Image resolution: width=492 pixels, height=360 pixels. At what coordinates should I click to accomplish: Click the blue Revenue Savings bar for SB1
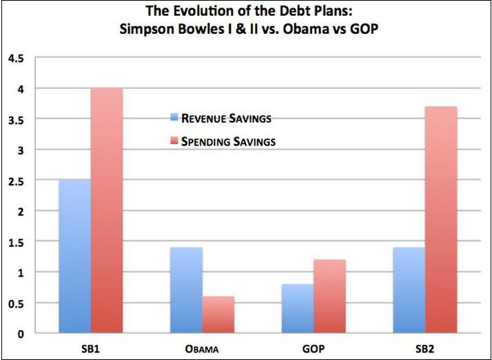(74, 257)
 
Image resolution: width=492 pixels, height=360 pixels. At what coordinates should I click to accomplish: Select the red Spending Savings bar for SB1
(107, 210)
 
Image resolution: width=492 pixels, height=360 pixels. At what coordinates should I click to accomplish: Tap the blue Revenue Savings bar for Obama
(186, 290)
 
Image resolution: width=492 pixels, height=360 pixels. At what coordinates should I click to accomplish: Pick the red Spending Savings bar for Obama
(218, 314)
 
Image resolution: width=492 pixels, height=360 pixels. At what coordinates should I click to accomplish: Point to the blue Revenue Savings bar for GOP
(297, 308)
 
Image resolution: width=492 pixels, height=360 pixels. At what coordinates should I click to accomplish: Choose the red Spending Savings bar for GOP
(329, 297)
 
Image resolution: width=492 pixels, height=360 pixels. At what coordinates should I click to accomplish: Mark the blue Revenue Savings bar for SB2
(409, 290)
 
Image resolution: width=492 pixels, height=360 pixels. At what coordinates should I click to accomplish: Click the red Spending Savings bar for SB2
(441, 219)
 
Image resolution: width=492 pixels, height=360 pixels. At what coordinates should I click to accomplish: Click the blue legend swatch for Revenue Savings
(174, 118)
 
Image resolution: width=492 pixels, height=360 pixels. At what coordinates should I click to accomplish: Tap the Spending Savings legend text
(229, 143)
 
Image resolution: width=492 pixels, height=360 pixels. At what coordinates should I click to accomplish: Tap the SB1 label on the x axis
(90, 349)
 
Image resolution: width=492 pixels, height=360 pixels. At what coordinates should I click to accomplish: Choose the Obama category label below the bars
(202, 349)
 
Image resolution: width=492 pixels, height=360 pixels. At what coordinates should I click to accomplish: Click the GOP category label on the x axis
(314, 349)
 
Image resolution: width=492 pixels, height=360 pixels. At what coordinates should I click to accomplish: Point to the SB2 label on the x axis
(425, 349)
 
